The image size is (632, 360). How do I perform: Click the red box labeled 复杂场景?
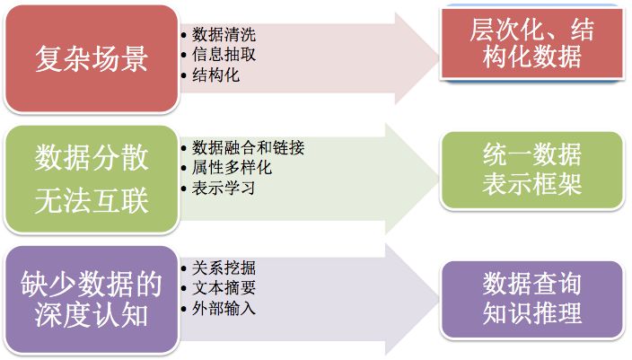point(91,58)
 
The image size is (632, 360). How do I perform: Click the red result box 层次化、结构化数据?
point(531,45)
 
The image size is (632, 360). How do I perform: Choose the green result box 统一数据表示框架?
point(531,169)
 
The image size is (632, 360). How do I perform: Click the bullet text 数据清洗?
point(224,36)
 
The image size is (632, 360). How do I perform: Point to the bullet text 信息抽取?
point(224,56)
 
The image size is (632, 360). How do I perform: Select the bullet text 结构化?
point(216,75)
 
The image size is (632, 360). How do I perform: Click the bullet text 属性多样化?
point(232,168)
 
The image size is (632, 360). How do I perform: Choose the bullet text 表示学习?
point(224,189)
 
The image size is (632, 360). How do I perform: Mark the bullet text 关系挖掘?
point(224,268)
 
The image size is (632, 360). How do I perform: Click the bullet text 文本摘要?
point(224,288)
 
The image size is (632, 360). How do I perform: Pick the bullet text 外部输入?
point(224,309)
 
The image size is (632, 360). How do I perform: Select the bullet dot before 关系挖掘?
point(184,268)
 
